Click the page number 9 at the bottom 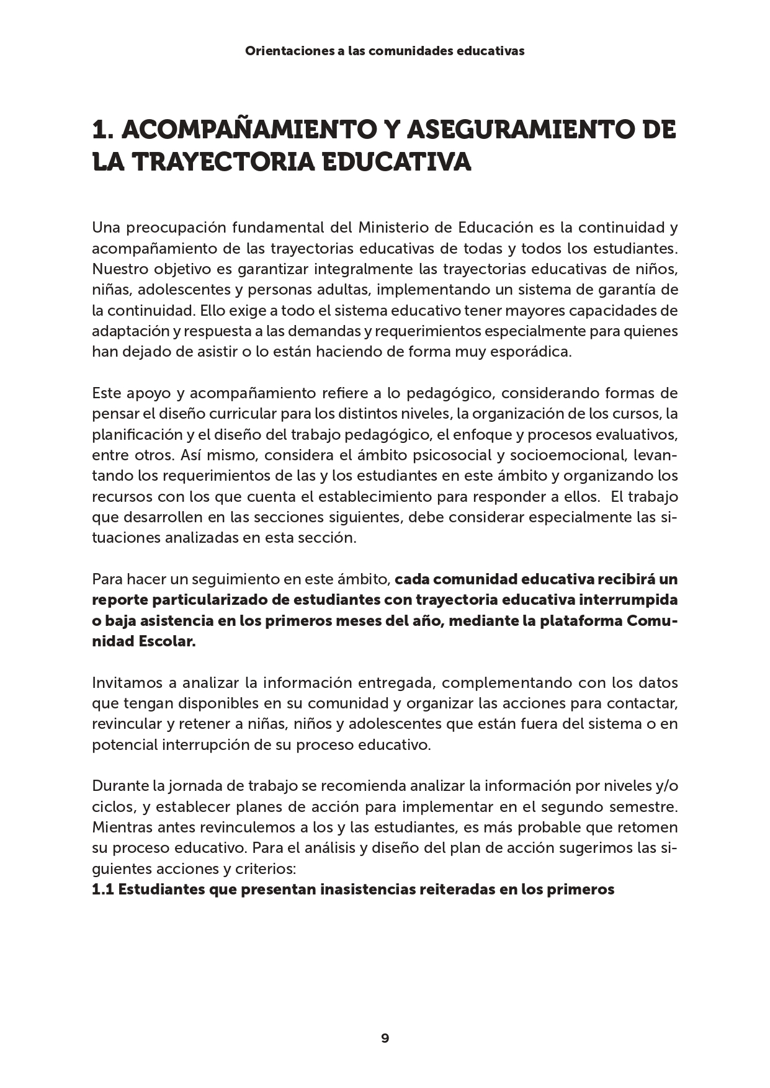coord(385,1038)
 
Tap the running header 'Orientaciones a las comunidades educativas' coord(385,51)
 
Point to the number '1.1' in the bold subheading coord(102,890)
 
